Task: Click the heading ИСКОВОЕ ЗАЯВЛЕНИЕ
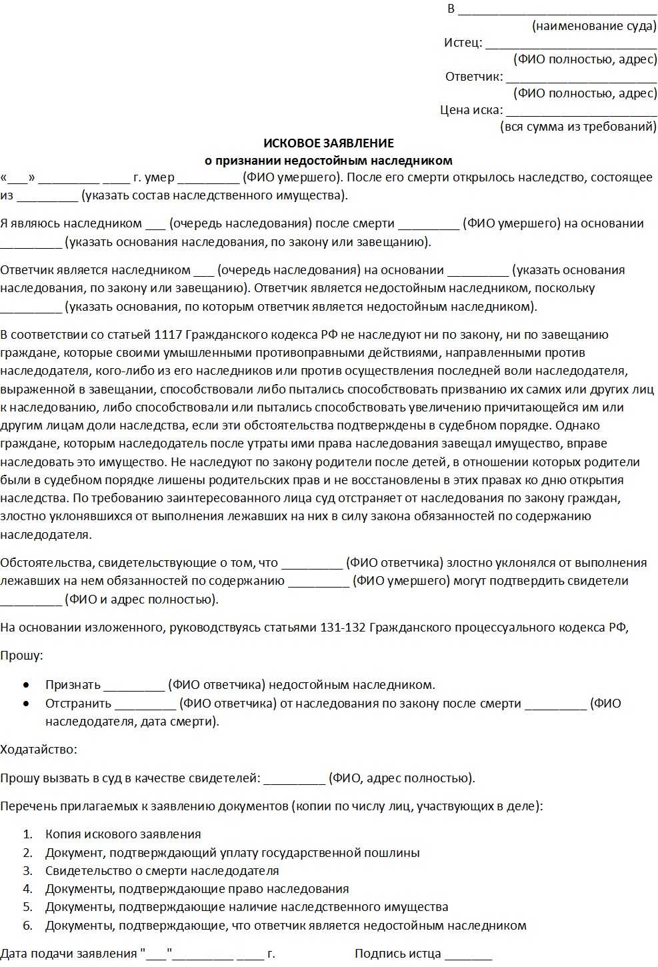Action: (329, 143)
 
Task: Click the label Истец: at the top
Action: (463, 43)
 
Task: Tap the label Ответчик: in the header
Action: (474, 76)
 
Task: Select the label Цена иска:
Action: (471, 110)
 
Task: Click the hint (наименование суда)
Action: (594, 26)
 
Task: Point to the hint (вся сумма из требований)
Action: (578, 127)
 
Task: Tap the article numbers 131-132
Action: (343, 627)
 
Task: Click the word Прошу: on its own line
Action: (21, 656)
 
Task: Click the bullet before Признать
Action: (26, 685)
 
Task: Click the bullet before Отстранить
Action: (26, 703)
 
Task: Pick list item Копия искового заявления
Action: (123, 834)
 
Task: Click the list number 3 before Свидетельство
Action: (27, 870)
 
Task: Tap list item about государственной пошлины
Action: (232, 852)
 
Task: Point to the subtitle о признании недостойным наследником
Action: (328, 160)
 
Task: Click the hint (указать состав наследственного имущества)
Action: (214, 195)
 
